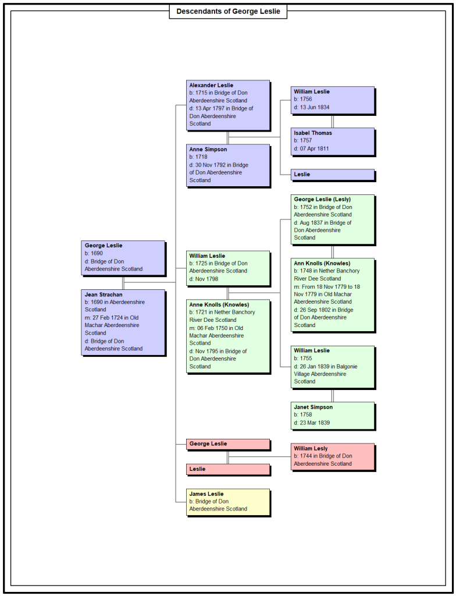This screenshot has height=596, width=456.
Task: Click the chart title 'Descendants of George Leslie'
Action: coord(228,12)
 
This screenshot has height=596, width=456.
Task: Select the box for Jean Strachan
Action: coord(123,322)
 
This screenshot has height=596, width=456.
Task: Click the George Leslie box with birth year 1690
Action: coord(123,257)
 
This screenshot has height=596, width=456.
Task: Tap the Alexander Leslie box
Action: coord(229,105)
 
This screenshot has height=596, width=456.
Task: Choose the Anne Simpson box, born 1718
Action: coord(229,165)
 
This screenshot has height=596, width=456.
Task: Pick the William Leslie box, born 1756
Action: coord(333,100)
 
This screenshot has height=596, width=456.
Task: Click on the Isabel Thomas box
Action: coord(333,141)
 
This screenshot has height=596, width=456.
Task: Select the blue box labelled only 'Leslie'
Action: coord(333,175)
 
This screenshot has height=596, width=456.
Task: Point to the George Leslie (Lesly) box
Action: coord(333,219)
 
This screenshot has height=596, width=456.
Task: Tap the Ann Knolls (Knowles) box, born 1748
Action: coord(333,295)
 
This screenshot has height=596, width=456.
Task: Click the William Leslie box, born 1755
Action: coord(333,367)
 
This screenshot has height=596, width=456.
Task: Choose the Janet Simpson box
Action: coord(333,416)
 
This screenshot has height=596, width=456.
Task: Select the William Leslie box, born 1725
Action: coord(229,268)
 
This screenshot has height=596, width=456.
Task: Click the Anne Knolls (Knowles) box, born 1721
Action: coord(229,336)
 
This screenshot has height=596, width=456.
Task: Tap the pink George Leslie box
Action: coord(229,444)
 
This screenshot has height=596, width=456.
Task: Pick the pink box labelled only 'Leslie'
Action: coord(229,469)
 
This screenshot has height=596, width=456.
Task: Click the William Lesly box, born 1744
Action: coord(333,457)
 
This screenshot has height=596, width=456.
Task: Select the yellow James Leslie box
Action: coord(229,502)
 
